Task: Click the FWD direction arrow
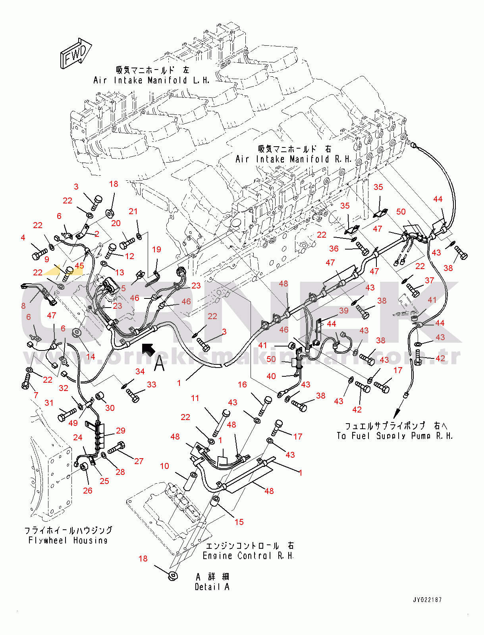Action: click(76, 53)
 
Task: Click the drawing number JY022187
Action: click(427, 600)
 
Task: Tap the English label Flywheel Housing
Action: click(68, 540)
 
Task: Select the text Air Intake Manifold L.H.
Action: click(151, 80)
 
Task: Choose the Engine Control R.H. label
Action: click(248, 556)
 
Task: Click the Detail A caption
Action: click(212, 587)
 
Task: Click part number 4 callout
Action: click(23, 238)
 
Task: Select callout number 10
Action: click(164, 466)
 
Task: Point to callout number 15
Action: click(239, 522)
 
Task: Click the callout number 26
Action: click(88, 490)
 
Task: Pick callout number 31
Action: click(49, 403)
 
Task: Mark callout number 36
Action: click(334, 249)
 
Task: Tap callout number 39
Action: click(344, 310)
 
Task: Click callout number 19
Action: click(156, 249)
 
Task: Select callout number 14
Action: click(91, 356)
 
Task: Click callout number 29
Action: click(121, 430)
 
